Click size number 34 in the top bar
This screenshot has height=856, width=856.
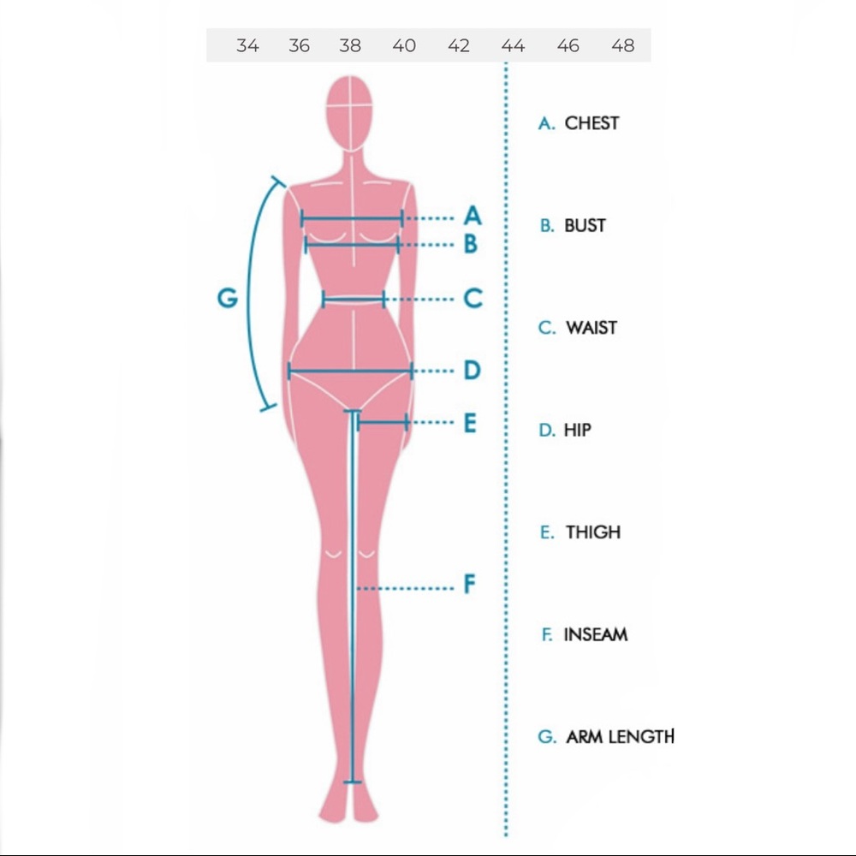[x=247, y=45]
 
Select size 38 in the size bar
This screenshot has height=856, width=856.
[x=350, y=45]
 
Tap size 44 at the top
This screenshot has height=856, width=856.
[x=513, y=45]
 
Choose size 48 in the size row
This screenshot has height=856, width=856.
[x=623, y=45]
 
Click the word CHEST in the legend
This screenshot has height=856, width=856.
[x=591, y=123]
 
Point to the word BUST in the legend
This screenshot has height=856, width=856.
[x=585, y=225]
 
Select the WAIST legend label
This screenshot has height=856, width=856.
[x=591, y=328]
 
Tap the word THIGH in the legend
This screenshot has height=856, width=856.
[x=593, y=532]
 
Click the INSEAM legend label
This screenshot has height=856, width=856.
[x=596, y=634]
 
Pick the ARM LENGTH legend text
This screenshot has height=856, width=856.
[x=620, y=736]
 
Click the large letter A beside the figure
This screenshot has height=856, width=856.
[x=473, y=216]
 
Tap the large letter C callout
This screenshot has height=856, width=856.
[x=473, y=298]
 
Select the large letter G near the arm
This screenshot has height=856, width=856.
[x=228, y=298]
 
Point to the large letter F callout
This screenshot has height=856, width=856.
[x=469, y=584]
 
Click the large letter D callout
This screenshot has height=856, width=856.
[x=473, y=370]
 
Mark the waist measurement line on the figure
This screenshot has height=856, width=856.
[x=354, y=299]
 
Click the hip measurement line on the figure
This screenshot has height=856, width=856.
[x=350, y=372]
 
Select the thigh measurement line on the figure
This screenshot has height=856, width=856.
[x=382, y=422]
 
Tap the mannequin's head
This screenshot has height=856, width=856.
[x=350, y=114]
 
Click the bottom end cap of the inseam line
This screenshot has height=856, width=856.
[x=352, y=782]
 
